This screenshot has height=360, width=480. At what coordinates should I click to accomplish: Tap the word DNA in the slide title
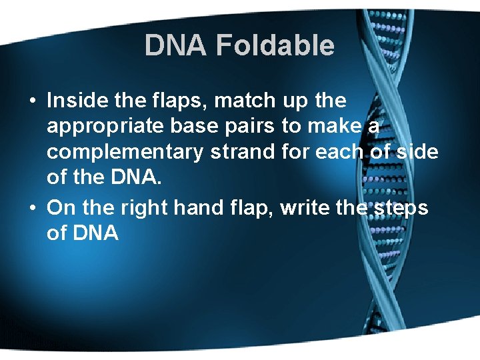[176, 46]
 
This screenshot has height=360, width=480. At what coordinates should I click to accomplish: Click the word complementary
[125, 152]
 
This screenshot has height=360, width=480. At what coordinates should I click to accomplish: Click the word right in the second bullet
[146, 208]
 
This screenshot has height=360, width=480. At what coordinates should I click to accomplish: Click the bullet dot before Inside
[33, 101]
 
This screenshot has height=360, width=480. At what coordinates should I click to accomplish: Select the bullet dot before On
[33, 209]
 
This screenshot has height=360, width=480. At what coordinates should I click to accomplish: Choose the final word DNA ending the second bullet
[95, 233]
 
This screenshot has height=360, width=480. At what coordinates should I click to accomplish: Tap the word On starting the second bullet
[62, 208]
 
